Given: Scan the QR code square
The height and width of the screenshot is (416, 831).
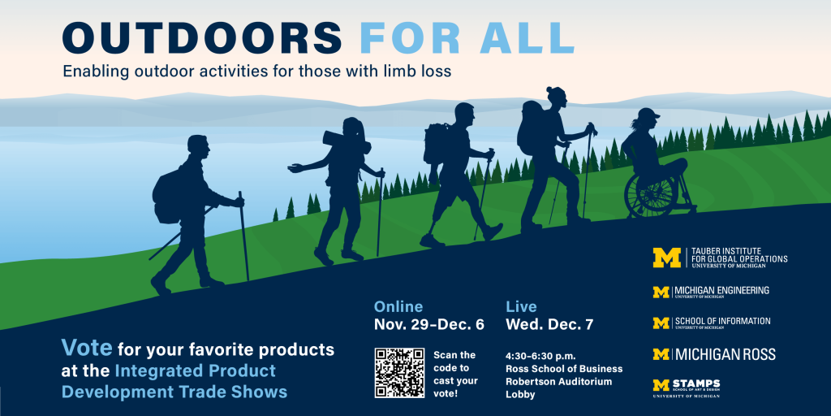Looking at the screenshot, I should click(x=399, y=372).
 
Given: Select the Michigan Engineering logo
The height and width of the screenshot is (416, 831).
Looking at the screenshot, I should click(x=711, y=291).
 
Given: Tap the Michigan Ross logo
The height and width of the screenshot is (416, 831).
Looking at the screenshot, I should click(x=714, y=354).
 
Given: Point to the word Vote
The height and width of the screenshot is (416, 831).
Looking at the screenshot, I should click(x=86, y=350).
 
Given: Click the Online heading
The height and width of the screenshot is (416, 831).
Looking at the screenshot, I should click(x=398, y=306).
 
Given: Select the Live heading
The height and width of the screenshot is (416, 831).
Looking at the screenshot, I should click(x=521, y=306).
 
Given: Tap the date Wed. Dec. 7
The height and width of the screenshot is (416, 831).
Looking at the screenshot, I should click(x=549, y=325).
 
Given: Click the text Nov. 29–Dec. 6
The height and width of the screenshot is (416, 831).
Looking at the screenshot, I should click(x=429, y=325).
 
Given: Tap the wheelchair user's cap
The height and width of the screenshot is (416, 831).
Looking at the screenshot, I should click(x=648, y=114).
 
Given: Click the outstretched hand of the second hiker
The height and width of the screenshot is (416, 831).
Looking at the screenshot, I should click(x=294, y=169).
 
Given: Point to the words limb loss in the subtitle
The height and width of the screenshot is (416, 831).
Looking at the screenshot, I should click(x=418, y=71).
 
